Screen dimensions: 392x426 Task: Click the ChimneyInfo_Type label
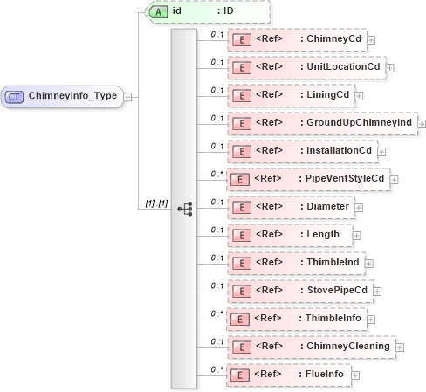click(x=74, y=95)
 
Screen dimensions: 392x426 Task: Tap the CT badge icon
click(x=15, y=95)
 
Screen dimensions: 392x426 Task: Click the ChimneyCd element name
click(x=332, y=39)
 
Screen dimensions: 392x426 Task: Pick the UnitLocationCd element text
click(x=341, y=67)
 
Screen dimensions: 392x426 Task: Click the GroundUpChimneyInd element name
click(x=358, y=123)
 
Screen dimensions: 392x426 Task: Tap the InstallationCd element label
click(x=337, y=151)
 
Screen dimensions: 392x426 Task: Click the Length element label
click(x=320, y=235)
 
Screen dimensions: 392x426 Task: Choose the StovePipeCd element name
click(x=335, y=291)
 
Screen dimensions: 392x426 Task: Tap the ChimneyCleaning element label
click(x=346, y=347)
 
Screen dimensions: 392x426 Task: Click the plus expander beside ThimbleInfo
click(x=374, y=320)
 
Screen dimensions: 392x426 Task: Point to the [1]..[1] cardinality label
click(x=155, y=203)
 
